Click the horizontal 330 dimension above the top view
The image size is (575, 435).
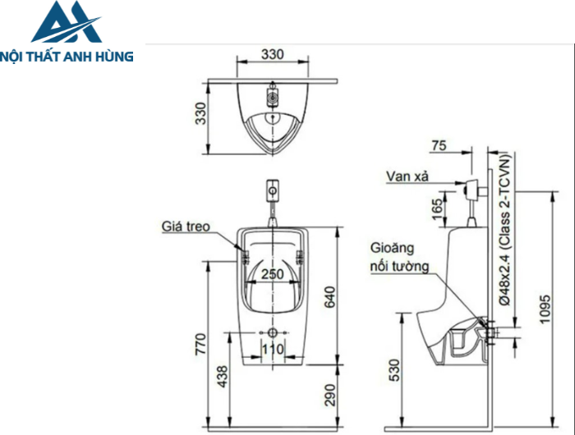tap(273, 54)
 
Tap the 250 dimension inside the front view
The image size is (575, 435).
tap(273, 274)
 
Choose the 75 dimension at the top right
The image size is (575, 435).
tap(439, 145)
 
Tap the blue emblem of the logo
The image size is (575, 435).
tap(66, 23)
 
